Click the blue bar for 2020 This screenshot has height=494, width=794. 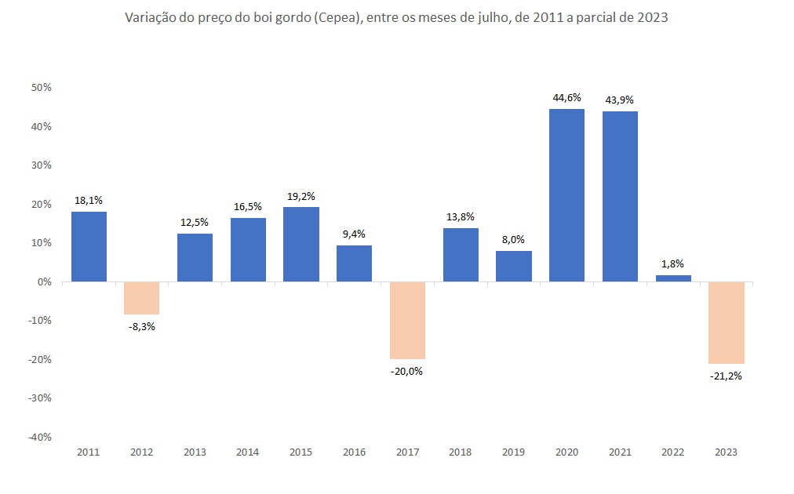(x=566, y=195)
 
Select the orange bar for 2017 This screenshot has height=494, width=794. (x=407, y=320)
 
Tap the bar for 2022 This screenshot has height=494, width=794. (x=673, y=278)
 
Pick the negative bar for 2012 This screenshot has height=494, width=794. (x=142, y=298)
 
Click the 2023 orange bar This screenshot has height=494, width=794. (x=726, y=322)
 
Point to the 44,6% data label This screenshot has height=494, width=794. (x=566, y=98)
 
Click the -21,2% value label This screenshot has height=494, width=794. (x=726, y=376)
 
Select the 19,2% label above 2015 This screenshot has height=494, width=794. (x=300, y=196)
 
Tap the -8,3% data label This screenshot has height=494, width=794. (x=142, y=326)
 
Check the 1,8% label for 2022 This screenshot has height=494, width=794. (x=673, y=264)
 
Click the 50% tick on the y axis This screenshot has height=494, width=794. (x=41, y=88)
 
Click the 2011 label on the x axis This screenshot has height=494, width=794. (x=89, y=452)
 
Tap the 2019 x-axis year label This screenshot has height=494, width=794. (x=513, y=452)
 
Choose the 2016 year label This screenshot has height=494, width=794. (x=354, y=452)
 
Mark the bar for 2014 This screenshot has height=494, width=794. (x=248, y=249)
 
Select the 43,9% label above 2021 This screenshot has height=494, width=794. (x=620, y=100)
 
